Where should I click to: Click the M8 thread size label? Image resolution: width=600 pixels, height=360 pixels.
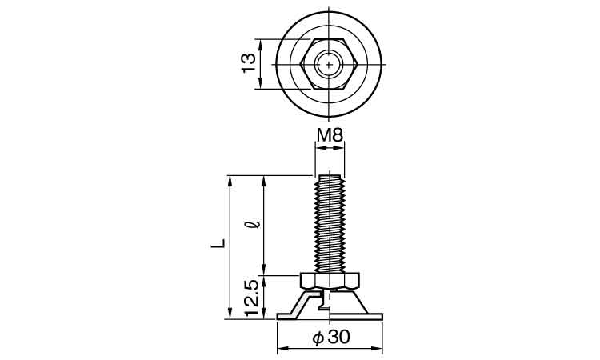[330, 135]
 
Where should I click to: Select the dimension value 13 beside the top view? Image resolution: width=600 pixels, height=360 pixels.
[249, 63]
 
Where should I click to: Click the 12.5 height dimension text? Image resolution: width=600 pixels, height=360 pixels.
[250, 297]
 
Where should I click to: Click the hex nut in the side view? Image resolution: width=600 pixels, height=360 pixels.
[330, 281]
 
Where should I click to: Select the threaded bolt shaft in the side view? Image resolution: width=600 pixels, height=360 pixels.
[330, 224]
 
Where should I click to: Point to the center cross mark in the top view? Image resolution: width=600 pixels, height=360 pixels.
[330, 64]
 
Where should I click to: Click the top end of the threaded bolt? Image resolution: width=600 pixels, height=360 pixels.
[330, 176]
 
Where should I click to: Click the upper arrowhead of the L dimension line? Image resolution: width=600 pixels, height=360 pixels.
[230, 178]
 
